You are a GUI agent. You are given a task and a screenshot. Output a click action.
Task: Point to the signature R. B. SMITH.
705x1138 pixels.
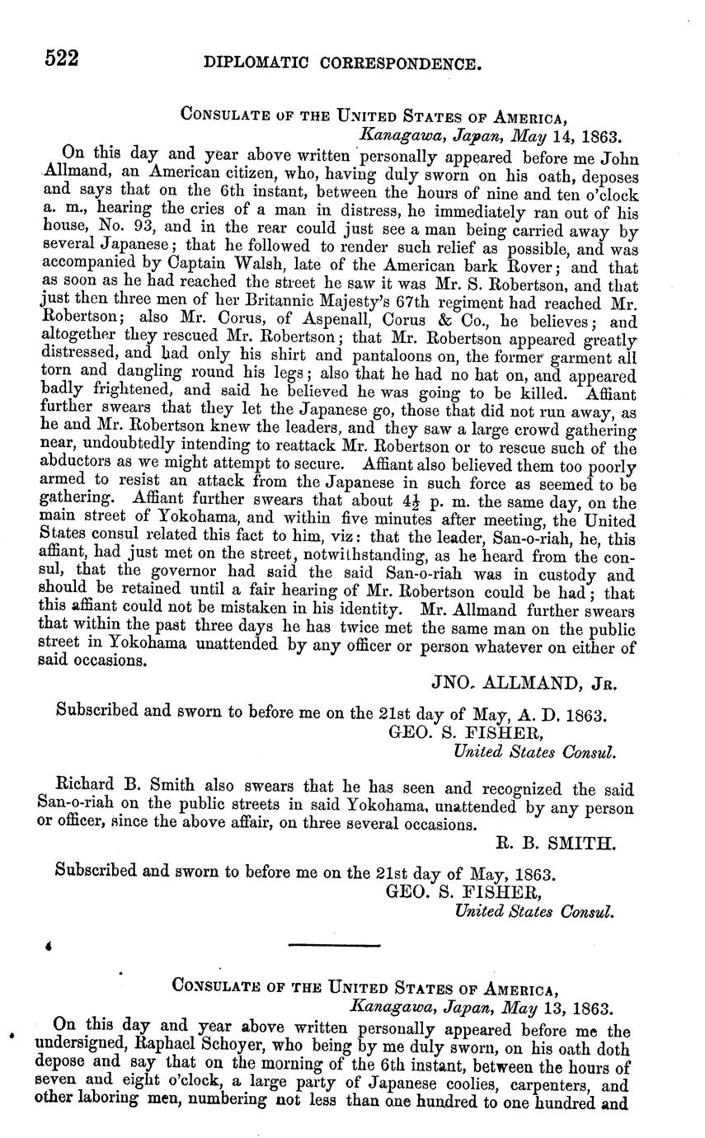pyautogui.click(x=566, y=843)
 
